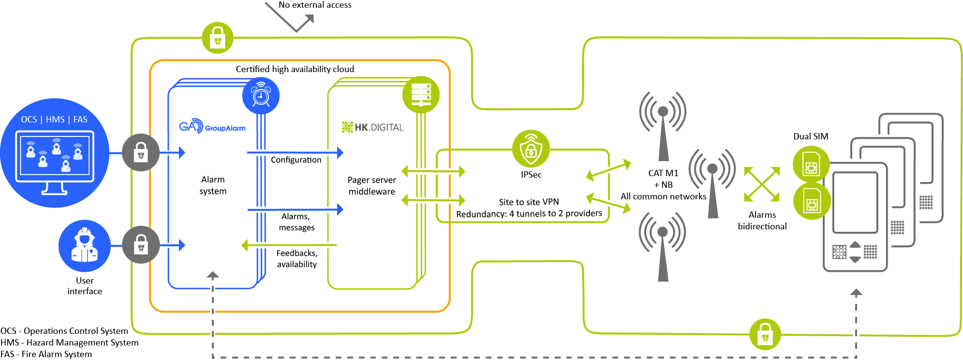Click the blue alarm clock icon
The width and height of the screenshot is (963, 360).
[261, 95]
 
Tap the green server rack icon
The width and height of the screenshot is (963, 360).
[421, 94]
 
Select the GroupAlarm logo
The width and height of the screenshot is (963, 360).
[212, 127]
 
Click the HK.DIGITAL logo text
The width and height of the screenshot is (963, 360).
[373, 127]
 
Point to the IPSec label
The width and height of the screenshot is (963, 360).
[531, 175]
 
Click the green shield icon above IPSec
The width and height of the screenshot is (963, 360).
[531, 149]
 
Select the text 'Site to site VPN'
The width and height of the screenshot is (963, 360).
[529, 202]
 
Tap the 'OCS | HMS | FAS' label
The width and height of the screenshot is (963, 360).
[54, 120]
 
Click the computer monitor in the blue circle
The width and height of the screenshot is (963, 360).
[55, 162]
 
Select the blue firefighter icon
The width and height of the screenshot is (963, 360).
[84, 246]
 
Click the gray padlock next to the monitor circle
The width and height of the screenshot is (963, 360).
[140, 153]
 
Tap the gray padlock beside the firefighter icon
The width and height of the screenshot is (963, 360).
[140, 245]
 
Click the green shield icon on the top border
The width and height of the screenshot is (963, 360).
[218, 38]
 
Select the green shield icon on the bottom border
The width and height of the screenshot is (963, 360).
[765, 334]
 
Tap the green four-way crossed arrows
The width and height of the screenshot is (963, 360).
[762, 184]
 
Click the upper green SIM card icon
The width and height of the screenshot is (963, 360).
[811, 165]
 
